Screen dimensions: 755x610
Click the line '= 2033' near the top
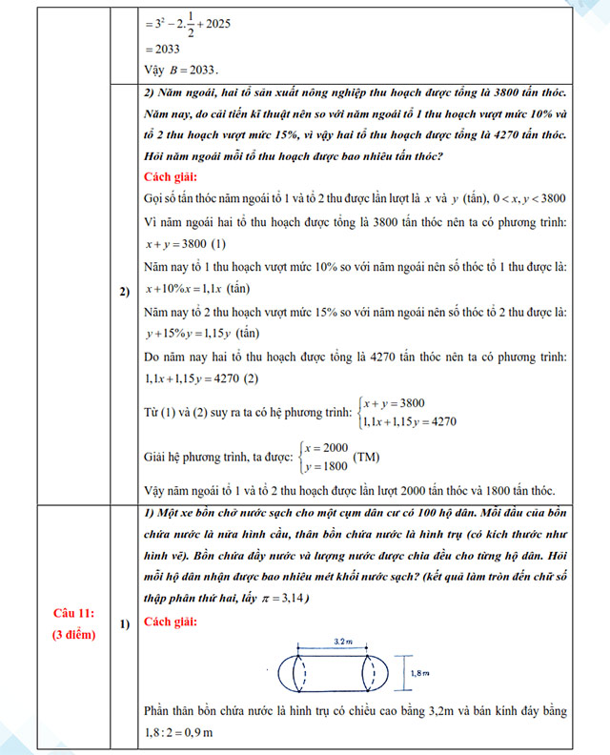161,49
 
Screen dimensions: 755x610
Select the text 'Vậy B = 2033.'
180,69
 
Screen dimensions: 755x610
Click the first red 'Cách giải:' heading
171,177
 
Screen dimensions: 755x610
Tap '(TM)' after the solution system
367,457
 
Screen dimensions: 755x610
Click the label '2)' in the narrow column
125,292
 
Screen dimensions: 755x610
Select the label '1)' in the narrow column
125,623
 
